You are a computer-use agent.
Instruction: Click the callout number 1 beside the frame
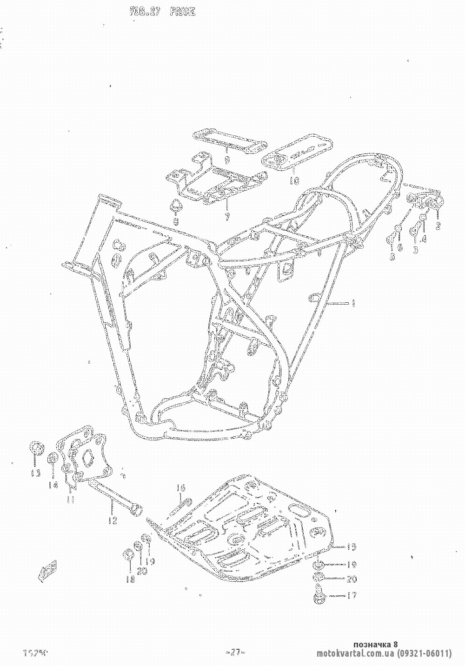click(354, 304)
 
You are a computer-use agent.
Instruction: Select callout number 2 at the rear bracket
click(438, 227)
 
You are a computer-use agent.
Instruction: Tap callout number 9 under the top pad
click(227, 160)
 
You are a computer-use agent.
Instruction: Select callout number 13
click(35, 473)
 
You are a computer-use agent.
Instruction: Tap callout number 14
click(53, 485)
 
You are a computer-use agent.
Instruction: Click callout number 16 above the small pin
click(180, 488)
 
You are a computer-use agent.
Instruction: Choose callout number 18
click(130, 579)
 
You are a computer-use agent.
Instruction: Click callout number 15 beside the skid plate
click(352, 546)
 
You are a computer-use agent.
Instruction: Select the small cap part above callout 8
click(176, 205)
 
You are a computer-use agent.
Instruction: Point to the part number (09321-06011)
click(424, 653)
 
